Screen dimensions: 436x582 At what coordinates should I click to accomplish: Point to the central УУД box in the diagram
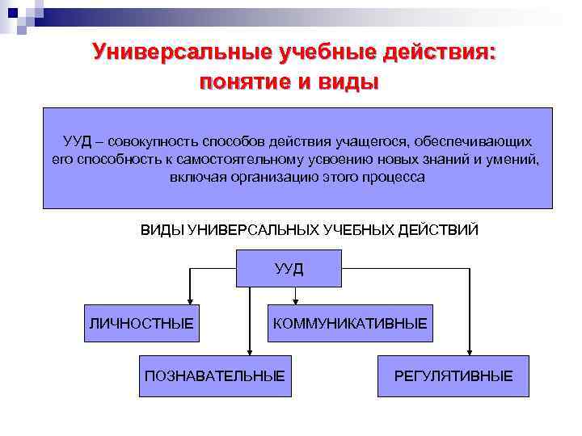tap(289, 269)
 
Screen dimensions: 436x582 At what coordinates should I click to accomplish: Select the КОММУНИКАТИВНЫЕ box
tap(350, 324)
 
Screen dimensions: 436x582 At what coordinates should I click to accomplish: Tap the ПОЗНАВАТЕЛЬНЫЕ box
tap(214, 375)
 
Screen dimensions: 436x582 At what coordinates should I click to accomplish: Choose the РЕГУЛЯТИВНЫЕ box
tap(453, 375)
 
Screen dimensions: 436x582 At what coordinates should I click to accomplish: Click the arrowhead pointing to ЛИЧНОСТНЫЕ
tap(189, 300)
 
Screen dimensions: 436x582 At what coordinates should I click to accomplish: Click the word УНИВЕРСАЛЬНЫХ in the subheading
tap(253, 230)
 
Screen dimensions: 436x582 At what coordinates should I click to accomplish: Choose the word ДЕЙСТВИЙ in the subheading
tap(441, 230)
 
